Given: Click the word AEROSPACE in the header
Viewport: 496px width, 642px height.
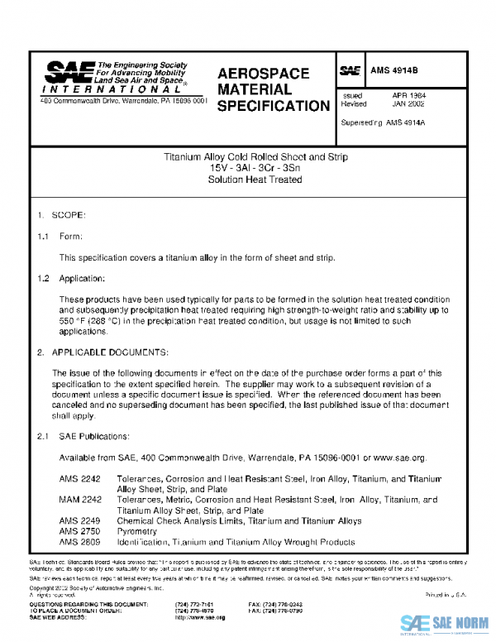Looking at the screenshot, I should pyautogui.click(x=263, y=74).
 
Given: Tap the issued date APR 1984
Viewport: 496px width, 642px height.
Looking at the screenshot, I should pyautogui.click(x=410, y=96).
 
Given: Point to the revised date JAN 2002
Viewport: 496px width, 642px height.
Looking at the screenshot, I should pyautogui.click(x=410, y=104).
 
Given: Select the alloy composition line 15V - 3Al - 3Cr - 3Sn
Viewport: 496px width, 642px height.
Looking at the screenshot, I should pyautogui.click(x=255, y=168).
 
